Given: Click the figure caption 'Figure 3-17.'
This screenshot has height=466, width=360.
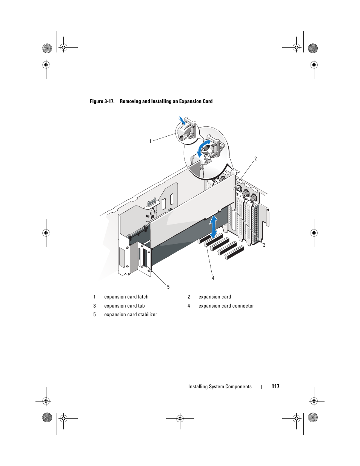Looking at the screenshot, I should (102, 101).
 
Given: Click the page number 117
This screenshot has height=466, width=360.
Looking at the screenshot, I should (275, 386).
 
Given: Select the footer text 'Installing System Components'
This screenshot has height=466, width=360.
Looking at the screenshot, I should (220, 386).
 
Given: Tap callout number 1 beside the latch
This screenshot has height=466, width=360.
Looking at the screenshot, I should (150, 141).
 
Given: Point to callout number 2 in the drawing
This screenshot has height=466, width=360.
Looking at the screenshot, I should (255, 159).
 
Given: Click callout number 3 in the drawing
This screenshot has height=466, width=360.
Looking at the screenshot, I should (264, 245).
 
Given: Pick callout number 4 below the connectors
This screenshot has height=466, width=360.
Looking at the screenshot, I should (213, 278).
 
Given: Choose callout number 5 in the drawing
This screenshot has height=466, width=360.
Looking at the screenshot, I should (168, 287).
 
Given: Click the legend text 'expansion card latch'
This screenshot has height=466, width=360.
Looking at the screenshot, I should (126, 297).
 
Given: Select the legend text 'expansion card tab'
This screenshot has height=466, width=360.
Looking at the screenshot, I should (125, 306).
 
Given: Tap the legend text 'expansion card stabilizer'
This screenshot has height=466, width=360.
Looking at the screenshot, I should (131, 315).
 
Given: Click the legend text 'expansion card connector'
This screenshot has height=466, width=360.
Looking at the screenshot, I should (226, 306).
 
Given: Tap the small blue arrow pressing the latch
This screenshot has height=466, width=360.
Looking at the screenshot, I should (183, 120).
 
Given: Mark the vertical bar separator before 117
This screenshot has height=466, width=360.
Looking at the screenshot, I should (262, 386).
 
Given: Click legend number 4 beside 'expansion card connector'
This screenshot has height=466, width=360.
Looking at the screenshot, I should (189, 306).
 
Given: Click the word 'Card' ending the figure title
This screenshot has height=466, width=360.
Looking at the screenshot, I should (208, 101).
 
